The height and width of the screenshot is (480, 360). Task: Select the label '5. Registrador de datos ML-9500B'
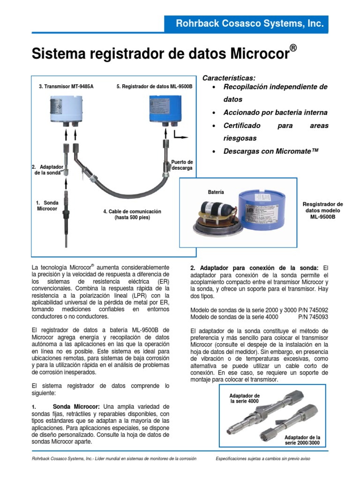point(154,87)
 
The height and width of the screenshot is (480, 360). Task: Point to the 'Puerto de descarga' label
point(182,165)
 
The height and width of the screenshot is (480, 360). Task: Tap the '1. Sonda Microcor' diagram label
point(47,206)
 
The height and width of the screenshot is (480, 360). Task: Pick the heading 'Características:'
point(229,78)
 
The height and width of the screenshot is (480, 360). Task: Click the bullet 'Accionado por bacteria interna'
point(275,113)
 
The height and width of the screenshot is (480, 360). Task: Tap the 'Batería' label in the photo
point(216,192)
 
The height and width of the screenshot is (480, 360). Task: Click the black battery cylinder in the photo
point(217,210)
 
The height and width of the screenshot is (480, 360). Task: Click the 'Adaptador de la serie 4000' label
point(244,398)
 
